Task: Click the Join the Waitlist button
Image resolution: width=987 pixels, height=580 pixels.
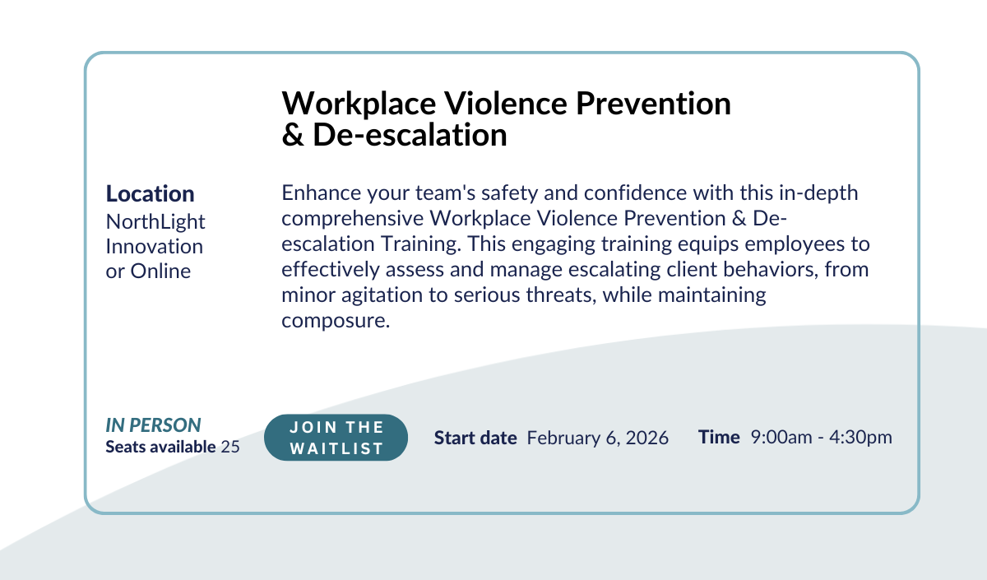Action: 336,437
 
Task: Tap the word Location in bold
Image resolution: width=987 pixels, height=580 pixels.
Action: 150,193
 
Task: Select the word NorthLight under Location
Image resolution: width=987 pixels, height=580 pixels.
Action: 155,221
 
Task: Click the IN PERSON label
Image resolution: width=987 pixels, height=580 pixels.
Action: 153,425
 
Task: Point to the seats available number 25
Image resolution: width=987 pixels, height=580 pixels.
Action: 230,447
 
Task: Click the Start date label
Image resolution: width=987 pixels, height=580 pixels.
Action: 475,438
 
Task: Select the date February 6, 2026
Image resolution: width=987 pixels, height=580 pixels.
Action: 597,438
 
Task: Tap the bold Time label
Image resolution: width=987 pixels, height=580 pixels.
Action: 719,437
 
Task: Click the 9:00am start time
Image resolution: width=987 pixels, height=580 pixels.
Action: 781,437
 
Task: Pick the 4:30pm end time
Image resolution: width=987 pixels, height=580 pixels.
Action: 860,437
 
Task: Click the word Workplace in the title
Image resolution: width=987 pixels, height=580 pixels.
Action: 359,104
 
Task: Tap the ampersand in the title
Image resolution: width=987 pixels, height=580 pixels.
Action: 293,134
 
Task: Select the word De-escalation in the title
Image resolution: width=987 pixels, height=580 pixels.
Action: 410,134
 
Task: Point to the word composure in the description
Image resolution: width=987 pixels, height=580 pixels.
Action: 336,321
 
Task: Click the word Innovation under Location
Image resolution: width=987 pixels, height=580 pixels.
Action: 155,246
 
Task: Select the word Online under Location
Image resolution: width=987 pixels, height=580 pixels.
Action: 160,271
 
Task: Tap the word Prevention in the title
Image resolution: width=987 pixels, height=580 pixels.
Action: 653,104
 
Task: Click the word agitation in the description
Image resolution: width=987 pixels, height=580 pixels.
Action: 382,295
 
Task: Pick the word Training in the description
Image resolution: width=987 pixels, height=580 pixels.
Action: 421,244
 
